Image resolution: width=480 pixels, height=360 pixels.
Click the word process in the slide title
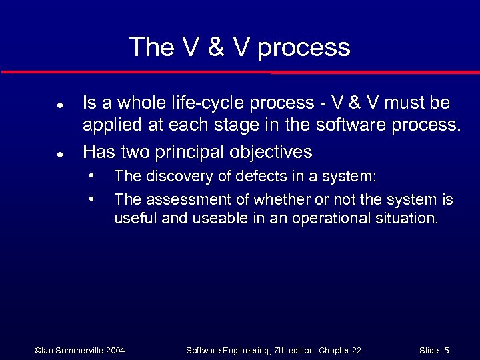303,48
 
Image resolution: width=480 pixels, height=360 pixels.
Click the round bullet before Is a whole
59,105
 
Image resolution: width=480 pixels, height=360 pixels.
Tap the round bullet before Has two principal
59,153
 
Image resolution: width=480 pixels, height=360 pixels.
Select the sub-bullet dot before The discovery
92,177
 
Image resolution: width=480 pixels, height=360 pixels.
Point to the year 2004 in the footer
114,350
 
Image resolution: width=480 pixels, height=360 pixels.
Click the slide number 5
446,350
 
